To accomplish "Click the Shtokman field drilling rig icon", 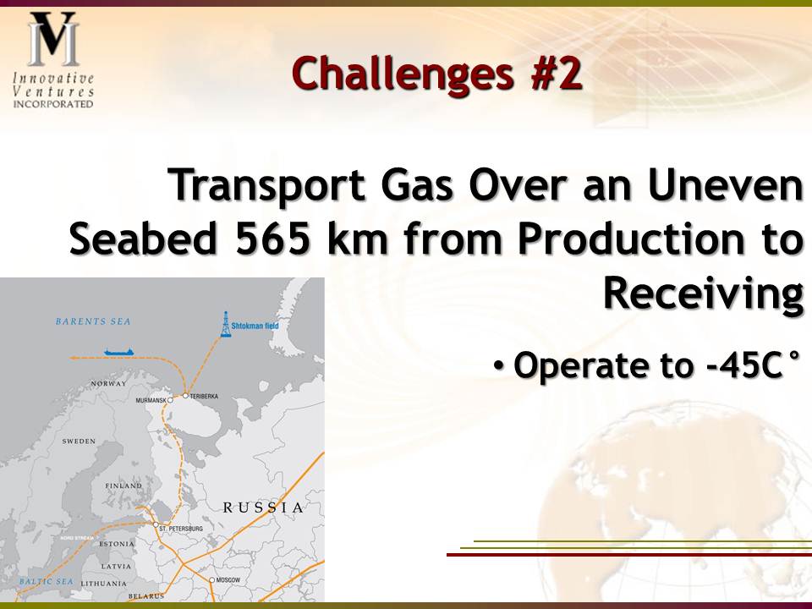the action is click(225, 324).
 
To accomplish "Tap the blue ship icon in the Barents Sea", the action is click(119, 352).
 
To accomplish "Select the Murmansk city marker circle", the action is click(170, 400).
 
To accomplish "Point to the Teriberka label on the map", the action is click(204, 396).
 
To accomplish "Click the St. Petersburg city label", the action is click(181, 529).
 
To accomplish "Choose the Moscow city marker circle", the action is click(211, 580).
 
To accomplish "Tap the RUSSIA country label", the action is click(263, 507).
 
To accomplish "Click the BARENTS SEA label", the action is click(93, 321).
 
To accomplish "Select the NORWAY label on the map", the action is click(109, 384).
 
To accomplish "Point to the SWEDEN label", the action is click(79, 442).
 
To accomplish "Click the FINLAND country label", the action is click(123, 486).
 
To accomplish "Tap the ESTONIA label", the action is click(117, 544).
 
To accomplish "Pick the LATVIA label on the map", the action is click(117, 567).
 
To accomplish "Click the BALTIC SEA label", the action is click(47, 582).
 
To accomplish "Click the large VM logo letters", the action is click(53, 39).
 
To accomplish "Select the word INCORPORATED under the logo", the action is click(52, 104).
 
